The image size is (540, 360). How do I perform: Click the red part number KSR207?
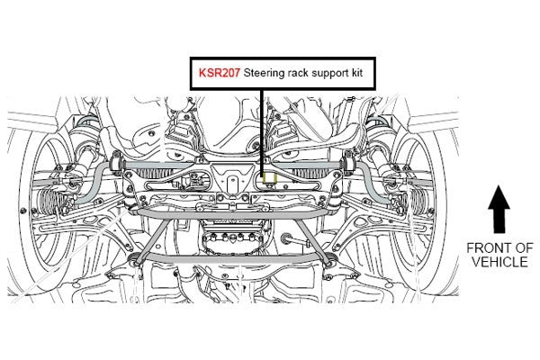[x=219, y=73]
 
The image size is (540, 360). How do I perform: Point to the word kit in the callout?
[x=356, y=73]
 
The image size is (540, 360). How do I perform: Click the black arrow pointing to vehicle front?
[x=499, y=209]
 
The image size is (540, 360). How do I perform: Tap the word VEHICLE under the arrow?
[x=499, y=262]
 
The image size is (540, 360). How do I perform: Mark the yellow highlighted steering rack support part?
[x=269, y=178]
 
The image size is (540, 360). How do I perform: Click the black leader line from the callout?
[x=263, y=133]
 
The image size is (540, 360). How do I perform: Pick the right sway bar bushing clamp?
[x=347, y=163]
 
